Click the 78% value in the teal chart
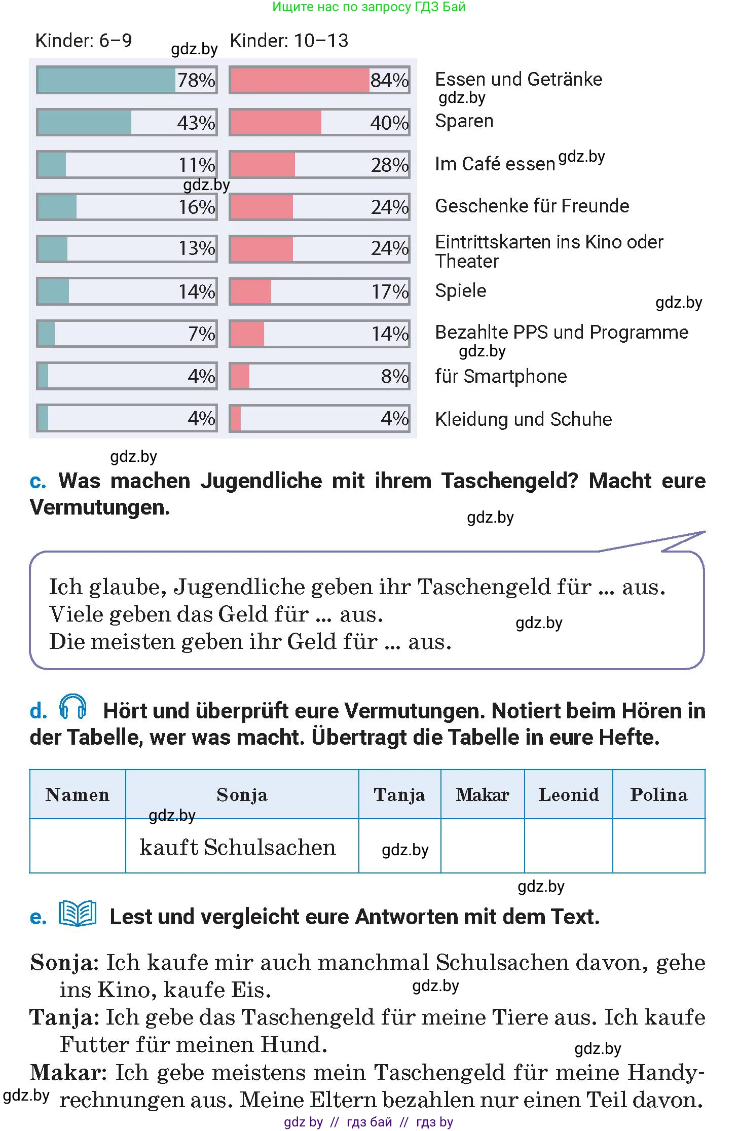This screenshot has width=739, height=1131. click(x=196, y=80)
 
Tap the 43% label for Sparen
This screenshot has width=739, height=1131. click(x=196, y=123)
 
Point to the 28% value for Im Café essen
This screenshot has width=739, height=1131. click(x=389, y=165)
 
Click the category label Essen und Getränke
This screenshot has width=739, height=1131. click(x=519, y=79)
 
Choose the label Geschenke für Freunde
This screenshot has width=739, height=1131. click(x=532, y=206)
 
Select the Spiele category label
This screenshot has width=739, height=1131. click(x=460, y=290)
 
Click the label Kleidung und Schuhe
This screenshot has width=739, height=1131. click(x=523, y=419)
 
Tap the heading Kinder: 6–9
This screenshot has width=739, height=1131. click(x=84, y=41)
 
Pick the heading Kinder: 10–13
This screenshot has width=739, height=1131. click(x=289, y=41)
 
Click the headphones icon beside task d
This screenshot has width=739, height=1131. click(x=72, y=706)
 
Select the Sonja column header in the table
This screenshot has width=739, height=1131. click(x=242, y=794)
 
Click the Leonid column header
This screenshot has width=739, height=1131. click(x=568, y=794)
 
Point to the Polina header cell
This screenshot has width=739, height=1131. click(x=659, y=794)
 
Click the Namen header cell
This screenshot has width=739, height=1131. click(x=78, y=794)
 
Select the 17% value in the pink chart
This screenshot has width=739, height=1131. click(x=390, y=291)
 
